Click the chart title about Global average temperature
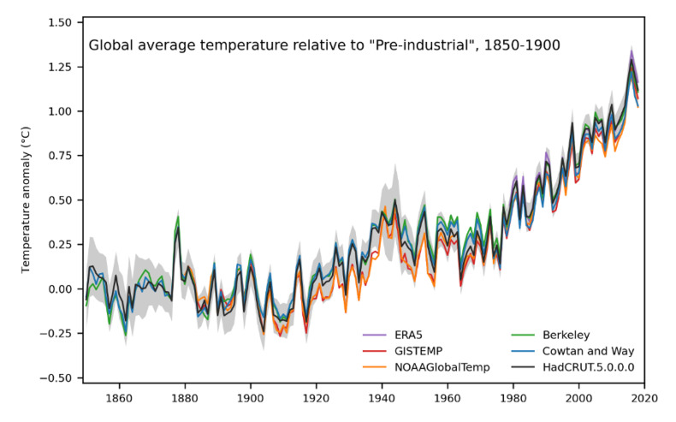click(324, 45)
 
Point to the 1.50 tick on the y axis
click(60, 22)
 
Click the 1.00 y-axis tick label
click(60, 111)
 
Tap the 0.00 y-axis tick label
click(60, 289)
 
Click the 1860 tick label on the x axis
click(118, 397)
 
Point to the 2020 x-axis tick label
click(644, 397)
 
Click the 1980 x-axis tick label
click(513, 397)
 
